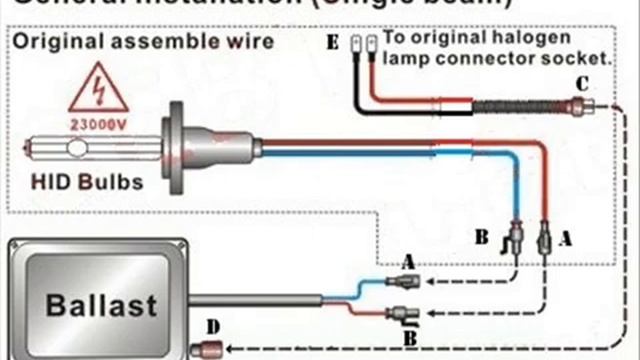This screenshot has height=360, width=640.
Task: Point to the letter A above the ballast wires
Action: (x=407, y=259)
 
